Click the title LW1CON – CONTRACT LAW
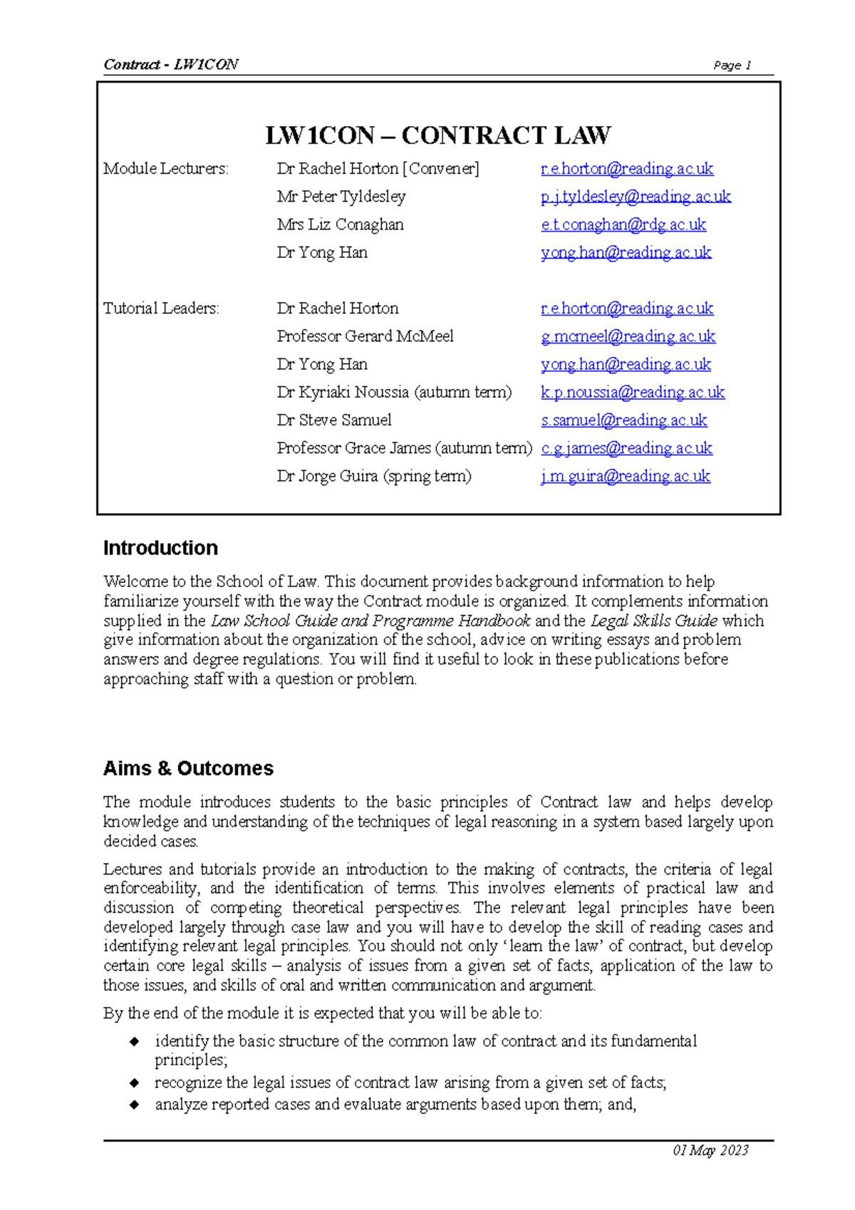(x=437, y=135)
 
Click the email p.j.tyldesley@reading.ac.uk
(x=636, y=197)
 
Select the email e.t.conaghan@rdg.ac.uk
(x=623, y=224)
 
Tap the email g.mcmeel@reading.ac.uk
(x=628, y=336)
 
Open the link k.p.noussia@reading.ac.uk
(x=633, y=392)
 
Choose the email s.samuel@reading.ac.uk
(x=623, y=420)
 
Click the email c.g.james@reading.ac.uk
(x=626, y=448)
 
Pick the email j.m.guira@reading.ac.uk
(x=625, y=476)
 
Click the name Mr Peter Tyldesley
(x=341, y=197)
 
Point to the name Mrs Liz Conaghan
(x=340, y=224)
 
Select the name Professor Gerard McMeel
(x=365, y=336)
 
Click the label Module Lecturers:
(x=166, y=169)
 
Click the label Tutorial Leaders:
(x=161, y=309)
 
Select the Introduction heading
(x=160, y=548)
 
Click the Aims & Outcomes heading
(x=188, y=768)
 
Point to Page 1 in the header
(x=732, y=66)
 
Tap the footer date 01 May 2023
(x=710, y=1150)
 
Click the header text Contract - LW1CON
(x=171, y=65)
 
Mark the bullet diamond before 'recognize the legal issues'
(x=134, y=1083)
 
